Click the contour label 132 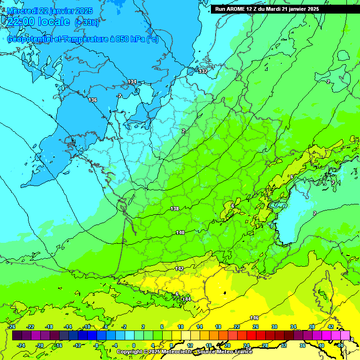(202, 71)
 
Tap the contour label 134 (132, 82)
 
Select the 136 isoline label (93, 100)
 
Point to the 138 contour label (174, 209)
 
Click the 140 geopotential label (180, 232)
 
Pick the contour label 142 (179, 269)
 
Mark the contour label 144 (187, 299)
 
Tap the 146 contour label (255, 318)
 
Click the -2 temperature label (119, 96)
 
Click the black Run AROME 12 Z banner (285, 9)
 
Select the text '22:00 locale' (38, 22)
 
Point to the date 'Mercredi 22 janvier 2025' (50, 10)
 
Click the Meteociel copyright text (185, 352)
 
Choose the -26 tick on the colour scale (12, 327)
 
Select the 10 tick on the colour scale (180, 327)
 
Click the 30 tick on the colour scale (274, 327)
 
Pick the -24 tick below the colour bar (21, 345)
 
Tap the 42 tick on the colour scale (330, 327)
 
